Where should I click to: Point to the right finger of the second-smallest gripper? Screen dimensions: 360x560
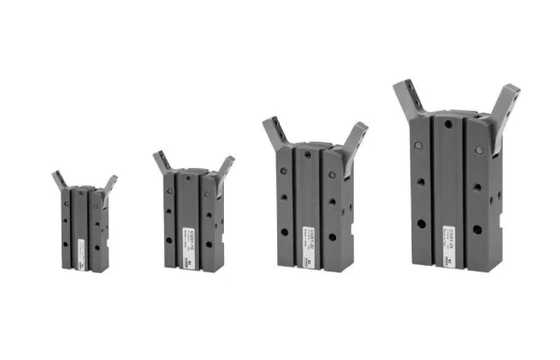click(x=224, y=167)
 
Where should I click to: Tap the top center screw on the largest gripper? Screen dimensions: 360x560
click(x=449, y=123)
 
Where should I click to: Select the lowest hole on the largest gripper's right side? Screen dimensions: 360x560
click(x=477, y=229)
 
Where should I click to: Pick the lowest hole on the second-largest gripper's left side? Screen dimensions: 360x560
click(x=285, y=231)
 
